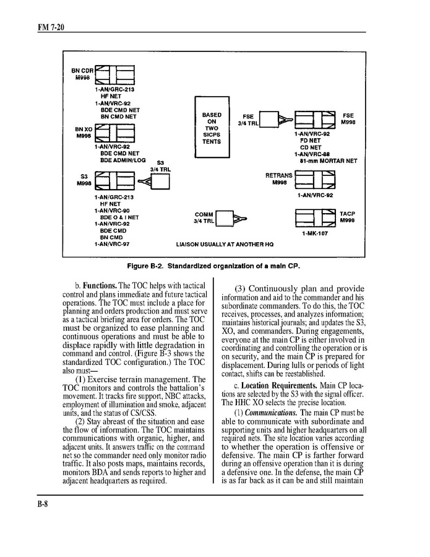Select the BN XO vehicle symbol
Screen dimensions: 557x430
(115, 133)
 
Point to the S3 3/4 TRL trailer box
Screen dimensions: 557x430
(160, 182)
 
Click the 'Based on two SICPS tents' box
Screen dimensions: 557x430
(212, 128)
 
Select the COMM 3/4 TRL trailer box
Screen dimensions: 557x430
(223, 218)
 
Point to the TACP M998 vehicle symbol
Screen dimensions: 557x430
(315, 217)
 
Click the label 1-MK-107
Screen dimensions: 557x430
(314, 234)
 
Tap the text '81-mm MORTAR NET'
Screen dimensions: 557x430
(328, 161)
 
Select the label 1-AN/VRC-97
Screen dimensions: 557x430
(112, 244)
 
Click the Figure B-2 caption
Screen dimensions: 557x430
(213, 266)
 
